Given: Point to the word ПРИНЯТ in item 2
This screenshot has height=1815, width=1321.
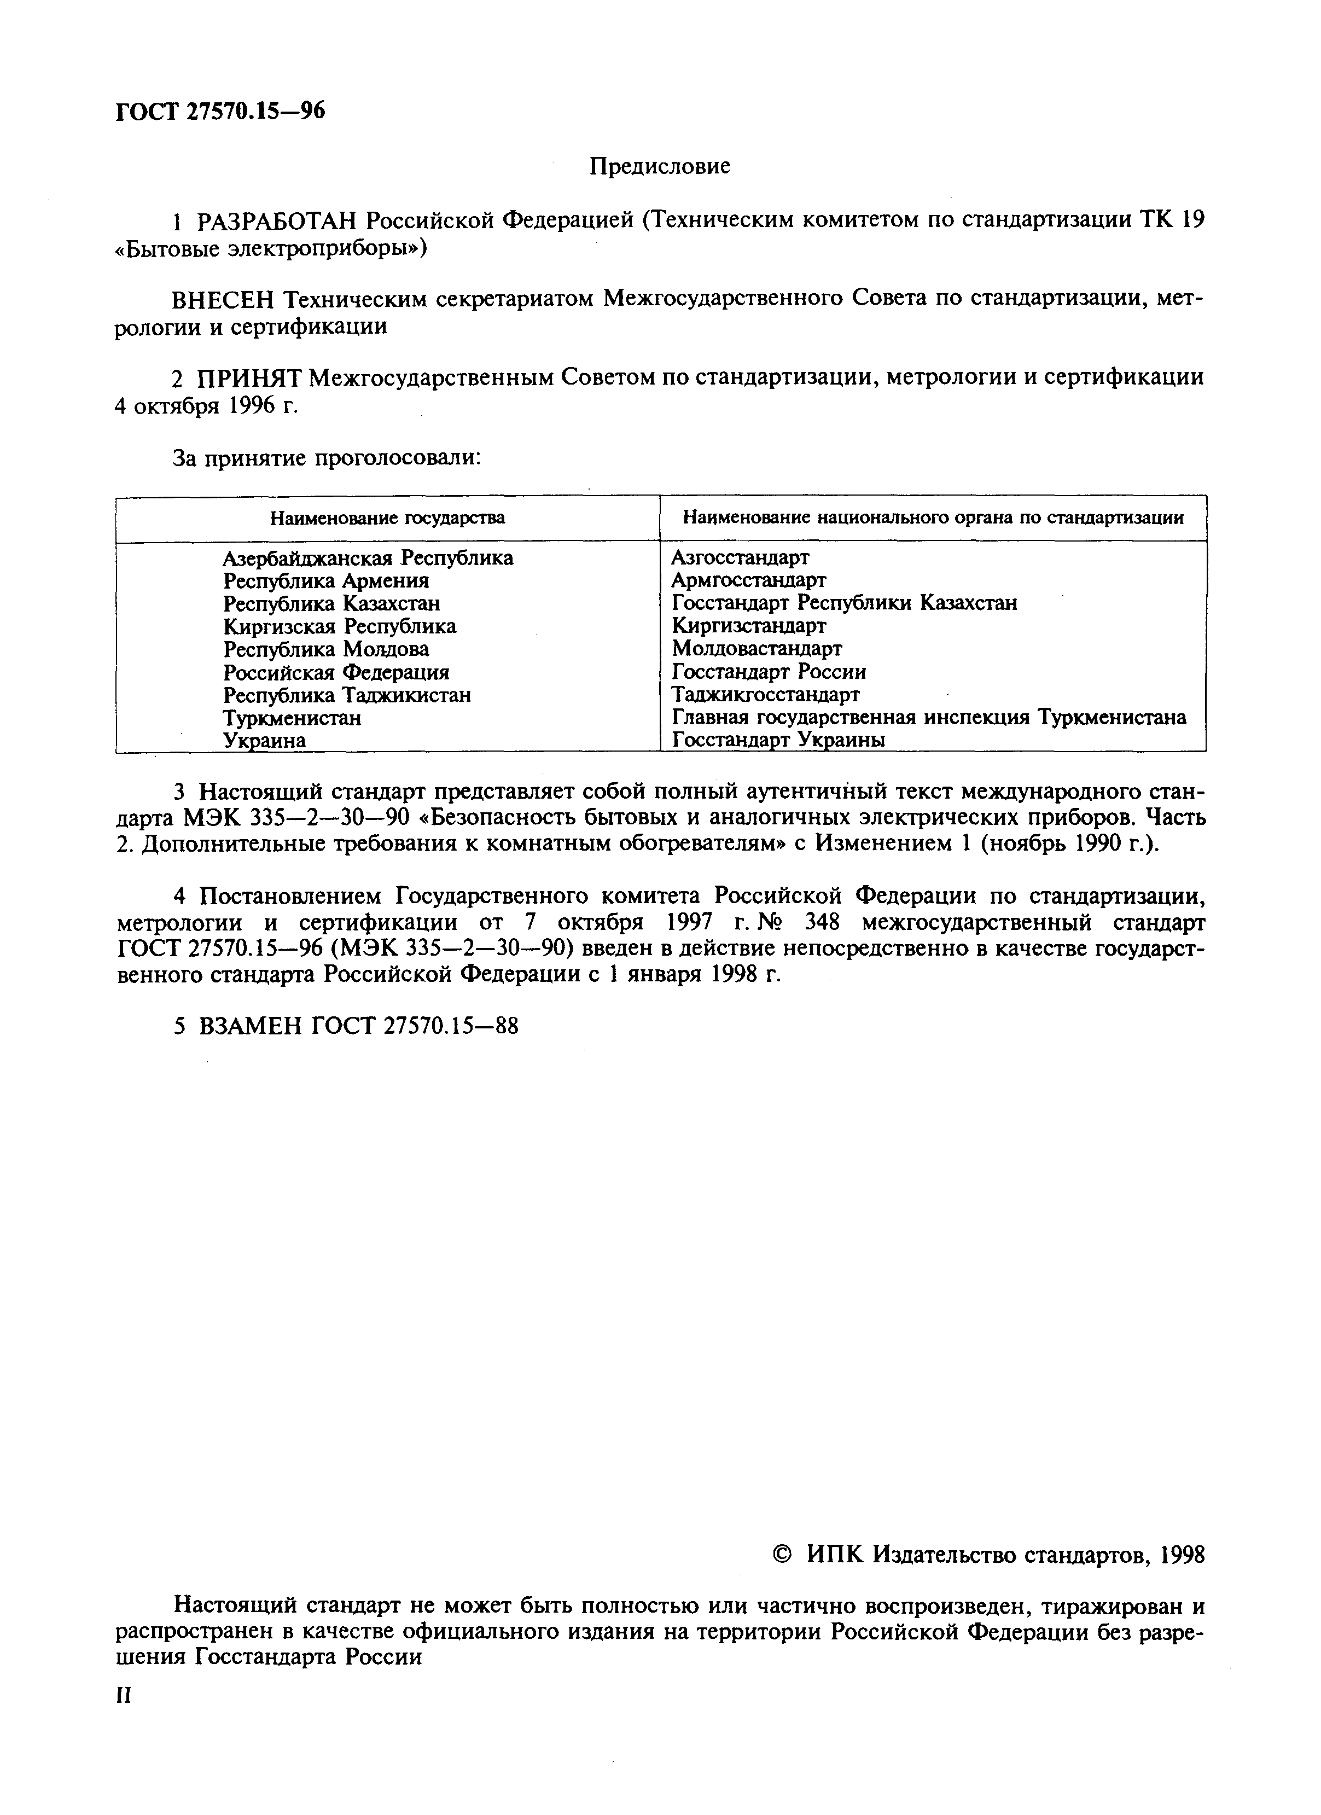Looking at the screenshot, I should click(249, 377).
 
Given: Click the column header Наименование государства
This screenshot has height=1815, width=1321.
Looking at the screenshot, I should click(387, 518).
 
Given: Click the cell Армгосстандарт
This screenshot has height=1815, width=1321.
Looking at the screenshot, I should click(748, 579).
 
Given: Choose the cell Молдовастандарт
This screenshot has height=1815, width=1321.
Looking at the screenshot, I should click(756, 648).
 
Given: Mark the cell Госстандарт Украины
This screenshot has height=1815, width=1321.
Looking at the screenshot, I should click(778, 740).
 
